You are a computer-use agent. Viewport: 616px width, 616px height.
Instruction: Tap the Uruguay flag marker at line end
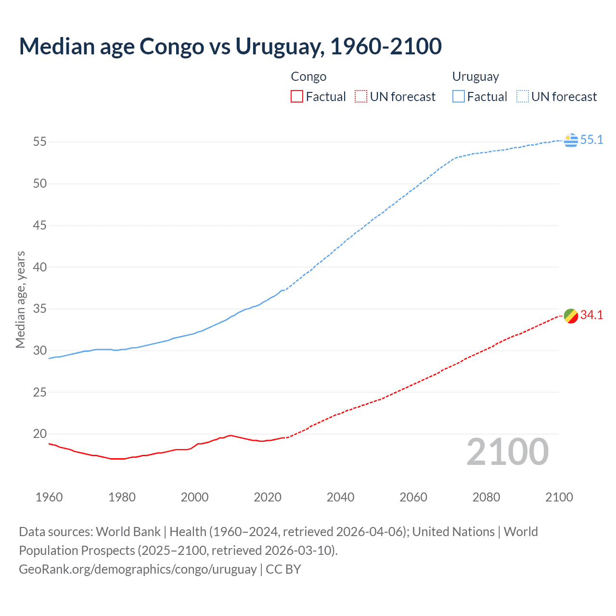pos(571,140)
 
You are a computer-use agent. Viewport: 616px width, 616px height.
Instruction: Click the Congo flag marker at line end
pos(571,316)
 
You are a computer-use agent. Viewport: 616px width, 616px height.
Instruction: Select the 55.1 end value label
pos(591,140)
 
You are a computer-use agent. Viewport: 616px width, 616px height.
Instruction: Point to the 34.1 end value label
pos(591,315)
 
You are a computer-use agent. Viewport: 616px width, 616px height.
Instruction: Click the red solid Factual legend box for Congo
pos(297,97)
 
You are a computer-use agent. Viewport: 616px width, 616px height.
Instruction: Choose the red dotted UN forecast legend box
pos(361,97)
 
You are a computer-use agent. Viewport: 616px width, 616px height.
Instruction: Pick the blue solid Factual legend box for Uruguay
pos(458,97)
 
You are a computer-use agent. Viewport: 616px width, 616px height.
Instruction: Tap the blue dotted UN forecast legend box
pos(522,97)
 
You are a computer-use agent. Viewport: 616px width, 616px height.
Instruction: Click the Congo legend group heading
pos(308,77)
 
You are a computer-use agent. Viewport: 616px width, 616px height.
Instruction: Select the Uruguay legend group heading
pos(475,77)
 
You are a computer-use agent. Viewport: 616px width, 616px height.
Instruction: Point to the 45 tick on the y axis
pos(40,225)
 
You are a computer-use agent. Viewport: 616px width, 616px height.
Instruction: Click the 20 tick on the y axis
pos(40,434)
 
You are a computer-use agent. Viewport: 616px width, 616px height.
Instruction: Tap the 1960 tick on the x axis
pos(49,497)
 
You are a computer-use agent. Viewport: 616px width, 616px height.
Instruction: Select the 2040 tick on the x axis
pos(340,497)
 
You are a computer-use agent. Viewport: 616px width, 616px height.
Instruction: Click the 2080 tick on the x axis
pos(486,497)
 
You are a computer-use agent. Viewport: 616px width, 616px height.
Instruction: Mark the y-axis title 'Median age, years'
pos(20,299)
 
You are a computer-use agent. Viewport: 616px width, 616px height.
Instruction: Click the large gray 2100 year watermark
pos(507,451)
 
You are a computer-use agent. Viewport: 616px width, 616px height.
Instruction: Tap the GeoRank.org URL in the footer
pos(138,569)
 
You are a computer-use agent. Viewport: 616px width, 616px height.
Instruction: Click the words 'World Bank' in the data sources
pos(128,532)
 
